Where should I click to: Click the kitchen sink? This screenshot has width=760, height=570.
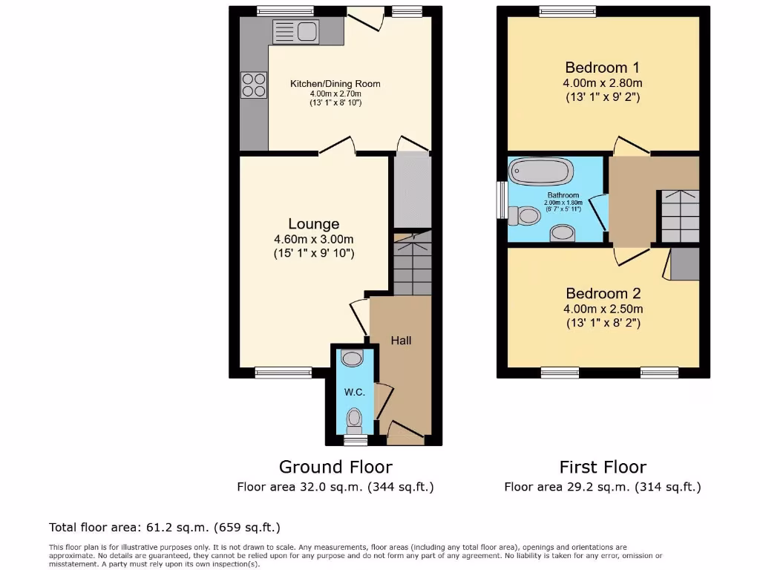point(295,32)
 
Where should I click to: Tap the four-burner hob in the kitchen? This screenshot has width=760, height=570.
point(254,85)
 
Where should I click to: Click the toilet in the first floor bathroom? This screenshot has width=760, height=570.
point(524,215)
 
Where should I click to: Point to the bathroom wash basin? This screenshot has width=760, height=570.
point(562,234)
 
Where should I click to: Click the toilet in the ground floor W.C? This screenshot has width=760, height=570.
point(355,419)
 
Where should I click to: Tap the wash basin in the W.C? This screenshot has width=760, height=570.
point(352,358)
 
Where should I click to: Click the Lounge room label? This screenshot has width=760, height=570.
point(313,223)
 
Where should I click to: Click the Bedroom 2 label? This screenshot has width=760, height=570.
point(603,293)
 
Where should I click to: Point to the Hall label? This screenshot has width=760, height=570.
point(401,341)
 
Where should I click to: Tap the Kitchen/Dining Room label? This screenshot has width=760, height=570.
point(335,84)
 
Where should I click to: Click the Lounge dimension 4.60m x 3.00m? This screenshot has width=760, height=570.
point(313,239)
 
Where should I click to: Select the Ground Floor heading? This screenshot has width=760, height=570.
point(335,467)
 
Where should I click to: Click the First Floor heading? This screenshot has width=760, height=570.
point(603,467)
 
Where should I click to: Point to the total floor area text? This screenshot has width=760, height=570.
point(165,528)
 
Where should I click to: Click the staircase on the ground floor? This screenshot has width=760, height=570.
point(412,264)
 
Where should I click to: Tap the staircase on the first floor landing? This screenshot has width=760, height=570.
point(680,215)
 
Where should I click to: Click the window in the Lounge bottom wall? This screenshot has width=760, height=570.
point(284,373)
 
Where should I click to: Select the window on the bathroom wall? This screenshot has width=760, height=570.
point(502,200)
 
